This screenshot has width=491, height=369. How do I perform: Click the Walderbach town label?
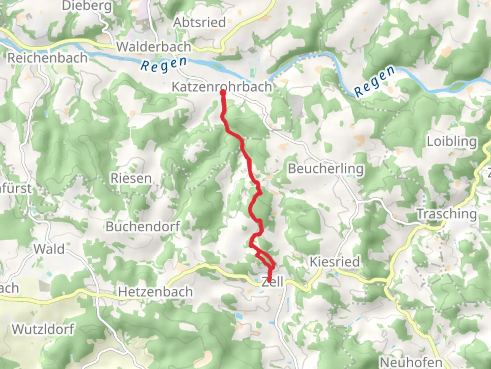pyautogui.click(x=154, y=47)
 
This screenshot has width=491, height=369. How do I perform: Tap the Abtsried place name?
pyautogui.click(x=200, y=23)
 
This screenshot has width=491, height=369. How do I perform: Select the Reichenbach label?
pyautogui.click(x=47, y=58)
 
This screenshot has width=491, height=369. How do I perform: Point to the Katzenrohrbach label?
pyautogui.click(x=222, y=86)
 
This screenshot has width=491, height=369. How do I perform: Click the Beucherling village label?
pyautogui.click(x=326, y=168)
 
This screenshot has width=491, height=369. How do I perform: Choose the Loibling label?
pyautogui.click(x=452, y=141)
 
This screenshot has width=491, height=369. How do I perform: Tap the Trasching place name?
pyautogui.click(x=447, y=214)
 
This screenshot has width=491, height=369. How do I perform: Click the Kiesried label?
pyautogui.click(x=334, y=262)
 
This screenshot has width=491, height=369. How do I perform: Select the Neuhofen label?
pyautogui.click(x=411, y=362)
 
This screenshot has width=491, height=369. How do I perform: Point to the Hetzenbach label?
pyautogui.click(x=155, y=292)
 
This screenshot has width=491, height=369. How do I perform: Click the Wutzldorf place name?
pyautogui.click(x=43, y=329)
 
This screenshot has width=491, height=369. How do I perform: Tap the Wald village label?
pyautogui.click(x=49, y=249)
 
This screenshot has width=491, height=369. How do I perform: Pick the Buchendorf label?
pyautogui.click(x=143, y=226)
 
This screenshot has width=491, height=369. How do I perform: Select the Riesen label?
pyautogui.click(x=131, y=178)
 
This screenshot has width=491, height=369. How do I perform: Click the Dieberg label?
pyautogui.click(x=87, y=6)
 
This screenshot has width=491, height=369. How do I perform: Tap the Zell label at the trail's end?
pyautogui.click(x=272, y=282)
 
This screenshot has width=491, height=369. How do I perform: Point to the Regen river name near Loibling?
pyautogui.click(x=374, y=81)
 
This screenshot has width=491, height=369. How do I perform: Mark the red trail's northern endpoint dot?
pyautogui.click(x=223, y=92)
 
